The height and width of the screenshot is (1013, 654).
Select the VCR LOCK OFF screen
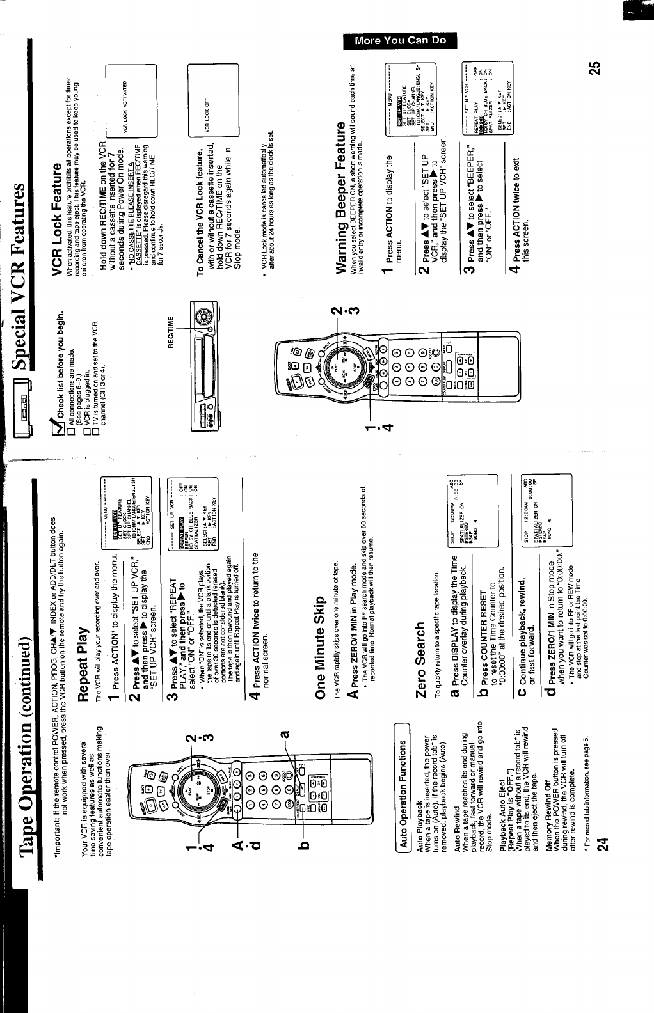213,87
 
